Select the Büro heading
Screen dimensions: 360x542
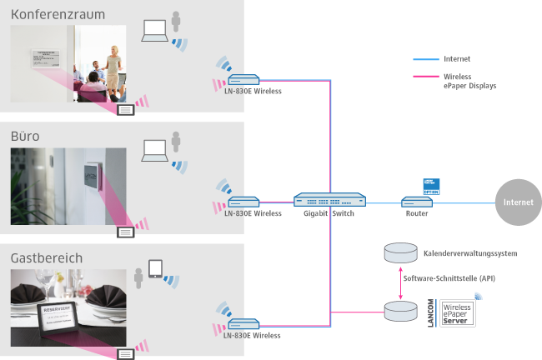point(25,135)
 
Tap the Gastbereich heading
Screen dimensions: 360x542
point(47,258)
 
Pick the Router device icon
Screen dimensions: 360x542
point(414,202)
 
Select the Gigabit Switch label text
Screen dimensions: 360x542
point(329,214)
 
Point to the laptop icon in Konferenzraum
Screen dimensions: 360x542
point(154,31)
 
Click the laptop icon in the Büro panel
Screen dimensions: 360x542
point(154,151)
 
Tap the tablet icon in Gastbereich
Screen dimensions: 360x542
point(155,269)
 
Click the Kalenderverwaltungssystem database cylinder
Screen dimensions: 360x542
point(401,252)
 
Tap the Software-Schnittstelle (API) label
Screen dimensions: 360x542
point(449,277)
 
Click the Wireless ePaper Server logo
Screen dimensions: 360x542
point(458,312)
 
